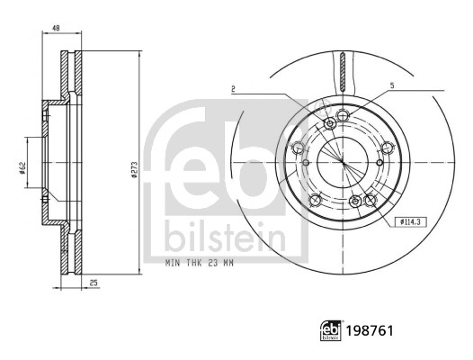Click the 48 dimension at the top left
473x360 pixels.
56,30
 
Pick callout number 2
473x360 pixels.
232,88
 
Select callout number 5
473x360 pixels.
391,85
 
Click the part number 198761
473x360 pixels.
370,331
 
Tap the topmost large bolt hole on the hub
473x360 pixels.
330,122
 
